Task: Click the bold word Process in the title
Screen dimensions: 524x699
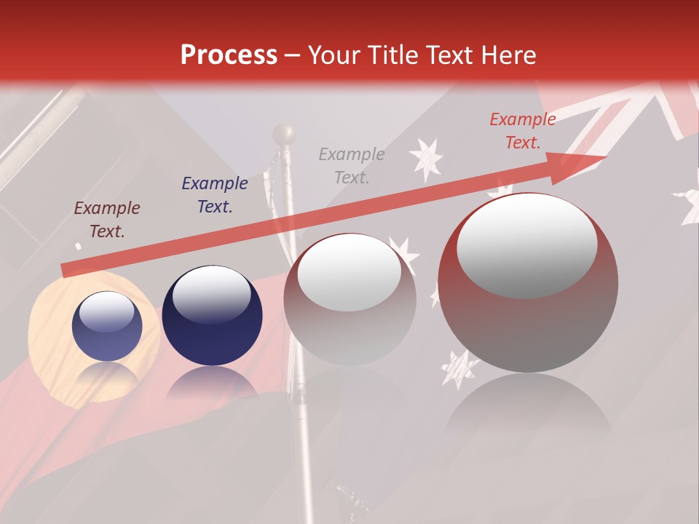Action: [229, 55]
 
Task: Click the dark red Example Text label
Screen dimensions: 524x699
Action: [107, 220]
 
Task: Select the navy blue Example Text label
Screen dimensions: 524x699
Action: [215, 195]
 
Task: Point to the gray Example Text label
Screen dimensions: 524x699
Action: [352, 165]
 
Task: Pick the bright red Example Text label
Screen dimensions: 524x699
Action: [522, 131]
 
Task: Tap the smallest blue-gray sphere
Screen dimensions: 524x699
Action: [107, 326]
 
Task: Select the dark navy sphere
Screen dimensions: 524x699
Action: [212, 316]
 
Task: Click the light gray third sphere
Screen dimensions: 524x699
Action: [349, 298]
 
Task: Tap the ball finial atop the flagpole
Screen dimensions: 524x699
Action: [284, 134]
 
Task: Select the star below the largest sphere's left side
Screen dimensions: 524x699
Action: [459, 368]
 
